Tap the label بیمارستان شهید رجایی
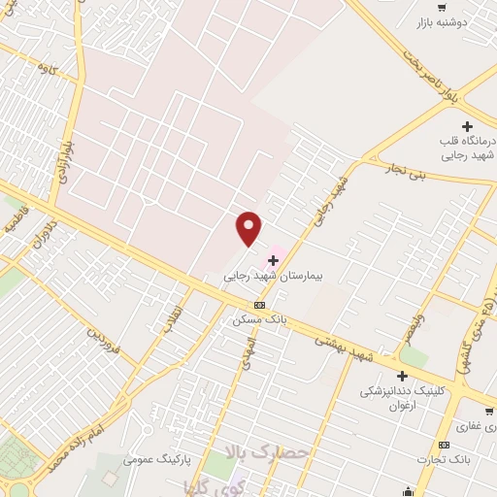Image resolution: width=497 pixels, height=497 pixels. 265,276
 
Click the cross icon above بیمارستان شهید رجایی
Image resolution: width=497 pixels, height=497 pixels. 274,260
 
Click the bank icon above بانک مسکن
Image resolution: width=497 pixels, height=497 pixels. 258,304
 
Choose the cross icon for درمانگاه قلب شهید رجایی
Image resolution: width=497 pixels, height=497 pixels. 468,126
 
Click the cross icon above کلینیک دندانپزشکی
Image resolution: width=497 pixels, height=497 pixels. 401,376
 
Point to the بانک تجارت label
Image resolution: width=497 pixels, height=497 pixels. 443,459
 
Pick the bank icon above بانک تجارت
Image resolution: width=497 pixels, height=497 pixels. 444,445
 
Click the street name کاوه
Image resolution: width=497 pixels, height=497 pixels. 45,69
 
